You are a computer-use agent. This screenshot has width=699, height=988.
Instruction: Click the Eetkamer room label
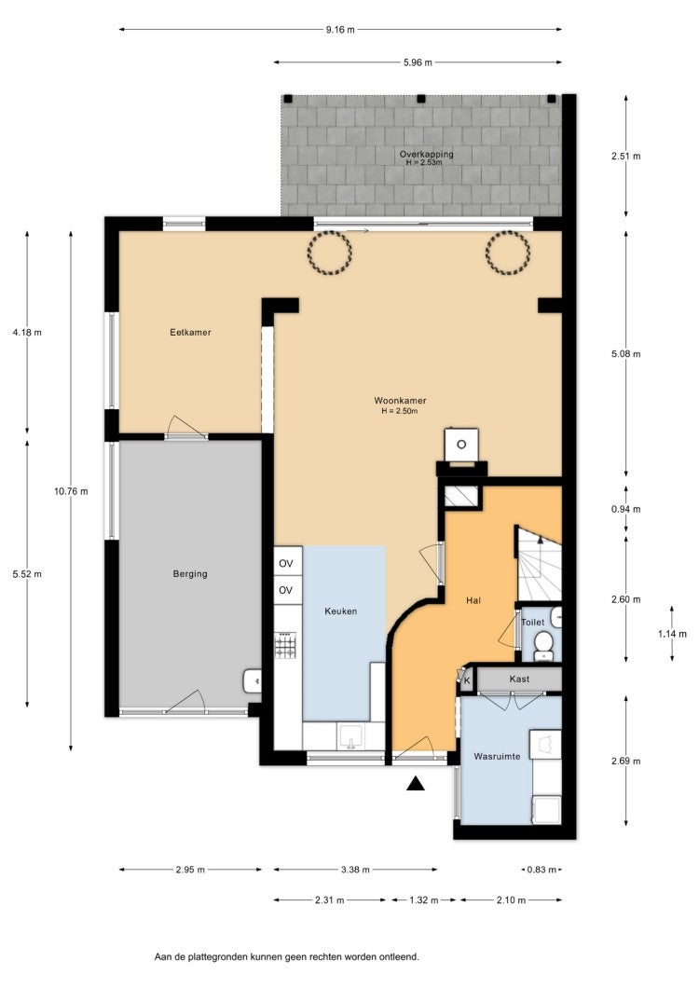190,332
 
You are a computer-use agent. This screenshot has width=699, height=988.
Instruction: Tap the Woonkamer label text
400,400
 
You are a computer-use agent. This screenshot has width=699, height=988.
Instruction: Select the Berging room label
190,573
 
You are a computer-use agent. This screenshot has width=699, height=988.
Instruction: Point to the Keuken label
341,611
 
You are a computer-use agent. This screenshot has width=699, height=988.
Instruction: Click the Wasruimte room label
498,756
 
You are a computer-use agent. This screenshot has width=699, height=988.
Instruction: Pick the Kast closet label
519,679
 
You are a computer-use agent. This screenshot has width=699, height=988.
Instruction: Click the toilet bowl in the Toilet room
543,645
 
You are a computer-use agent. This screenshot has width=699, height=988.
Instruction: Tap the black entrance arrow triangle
415,783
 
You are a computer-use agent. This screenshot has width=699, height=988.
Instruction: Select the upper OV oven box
287,563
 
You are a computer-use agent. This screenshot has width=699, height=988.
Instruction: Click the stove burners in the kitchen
286,645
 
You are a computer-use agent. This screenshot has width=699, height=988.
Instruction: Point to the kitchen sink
350,736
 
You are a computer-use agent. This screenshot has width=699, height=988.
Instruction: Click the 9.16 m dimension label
340,30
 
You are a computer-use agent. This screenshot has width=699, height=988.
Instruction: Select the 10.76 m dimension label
71,491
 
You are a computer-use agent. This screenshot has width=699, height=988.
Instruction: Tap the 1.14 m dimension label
673,633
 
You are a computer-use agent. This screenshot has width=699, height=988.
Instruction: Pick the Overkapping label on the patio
426,154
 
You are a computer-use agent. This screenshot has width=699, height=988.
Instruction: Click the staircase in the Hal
539,563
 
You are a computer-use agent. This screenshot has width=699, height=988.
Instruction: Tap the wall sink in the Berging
253,680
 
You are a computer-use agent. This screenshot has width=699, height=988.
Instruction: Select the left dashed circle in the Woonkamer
329,252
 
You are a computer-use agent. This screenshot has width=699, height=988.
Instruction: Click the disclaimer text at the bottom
287,956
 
